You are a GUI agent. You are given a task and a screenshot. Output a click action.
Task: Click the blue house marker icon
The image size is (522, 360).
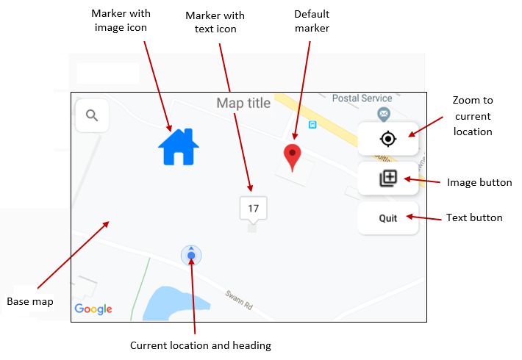[179, 146]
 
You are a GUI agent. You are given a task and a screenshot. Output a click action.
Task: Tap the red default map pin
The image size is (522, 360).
[293, 156]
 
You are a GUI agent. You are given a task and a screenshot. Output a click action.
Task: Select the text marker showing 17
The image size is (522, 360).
[253, 209]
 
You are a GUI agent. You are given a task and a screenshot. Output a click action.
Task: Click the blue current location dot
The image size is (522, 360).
[191, 256]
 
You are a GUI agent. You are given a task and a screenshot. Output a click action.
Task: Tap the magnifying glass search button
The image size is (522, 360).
[92, 115]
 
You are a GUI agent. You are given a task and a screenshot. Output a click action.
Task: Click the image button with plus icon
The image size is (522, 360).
[387, 179]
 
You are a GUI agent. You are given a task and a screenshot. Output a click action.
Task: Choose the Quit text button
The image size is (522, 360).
[387, 218]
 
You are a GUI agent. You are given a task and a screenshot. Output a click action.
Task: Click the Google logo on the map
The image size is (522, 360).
[93, 309]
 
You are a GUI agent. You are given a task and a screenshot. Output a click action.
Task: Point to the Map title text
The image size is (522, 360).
[243, 103]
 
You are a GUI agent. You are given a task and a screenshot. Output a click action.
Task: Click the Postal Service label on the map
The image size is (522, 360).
[362, 98]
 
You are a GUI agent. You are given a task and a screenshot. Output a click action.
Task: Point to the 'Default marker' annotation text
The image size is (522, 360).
[311, 21]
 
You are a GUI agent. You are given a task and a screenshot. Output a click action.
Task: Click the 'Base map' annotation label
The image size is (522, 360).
[29, 301]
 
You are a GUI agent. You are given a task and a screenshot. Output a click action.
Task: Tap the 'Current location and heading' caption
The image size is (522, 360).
[200, 345]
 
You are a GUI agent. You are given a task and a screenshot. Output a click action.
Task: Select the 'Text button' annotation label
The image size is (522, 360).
[474, 217]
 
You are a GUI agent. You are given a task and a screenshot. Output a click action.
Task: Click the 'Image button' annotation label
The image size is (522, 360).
[479, 182]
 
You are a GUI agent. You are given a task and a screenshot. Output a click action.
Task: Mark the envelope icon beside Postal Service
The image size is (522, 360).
[383, 113]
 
